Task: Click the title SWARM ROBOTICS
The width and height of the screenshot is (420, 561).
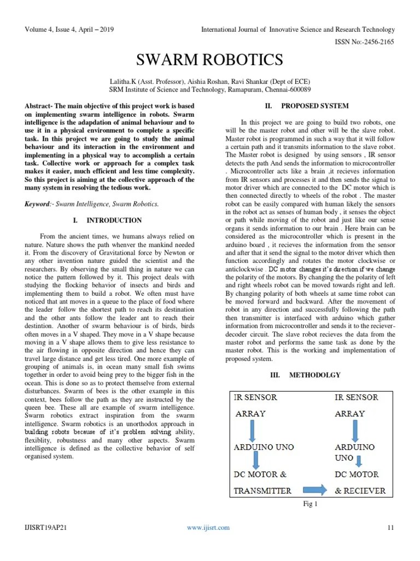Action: pos(209,60)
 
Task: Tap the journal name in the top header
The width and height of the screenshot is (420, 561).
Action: pos(298,29)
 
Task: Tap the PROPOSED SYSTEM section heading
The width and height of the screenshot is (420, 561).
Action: pos(314,106)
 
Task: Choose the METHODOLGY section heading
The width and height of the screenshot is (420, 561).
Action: pos(314,375)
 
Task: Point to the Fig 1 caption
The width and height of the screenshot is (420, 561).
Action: pos(310,503)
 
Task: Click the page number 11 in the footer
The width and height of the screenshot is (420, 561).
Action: pos(390,528)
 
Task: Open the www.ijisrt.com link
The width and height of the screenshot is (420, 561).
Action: pos(208,528)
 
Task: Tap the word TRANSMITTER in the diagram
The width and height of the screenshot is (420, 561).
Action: pos(262,491)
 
